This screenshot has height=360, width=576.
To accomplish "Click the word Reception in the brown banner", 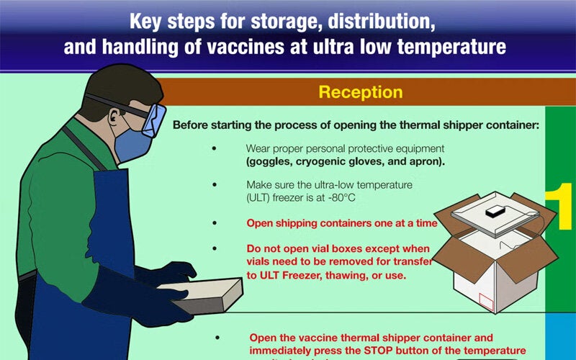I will tap(361, 93).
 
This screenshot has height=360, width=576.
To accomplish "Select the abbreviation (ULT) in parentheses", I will tap(263, 197).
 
